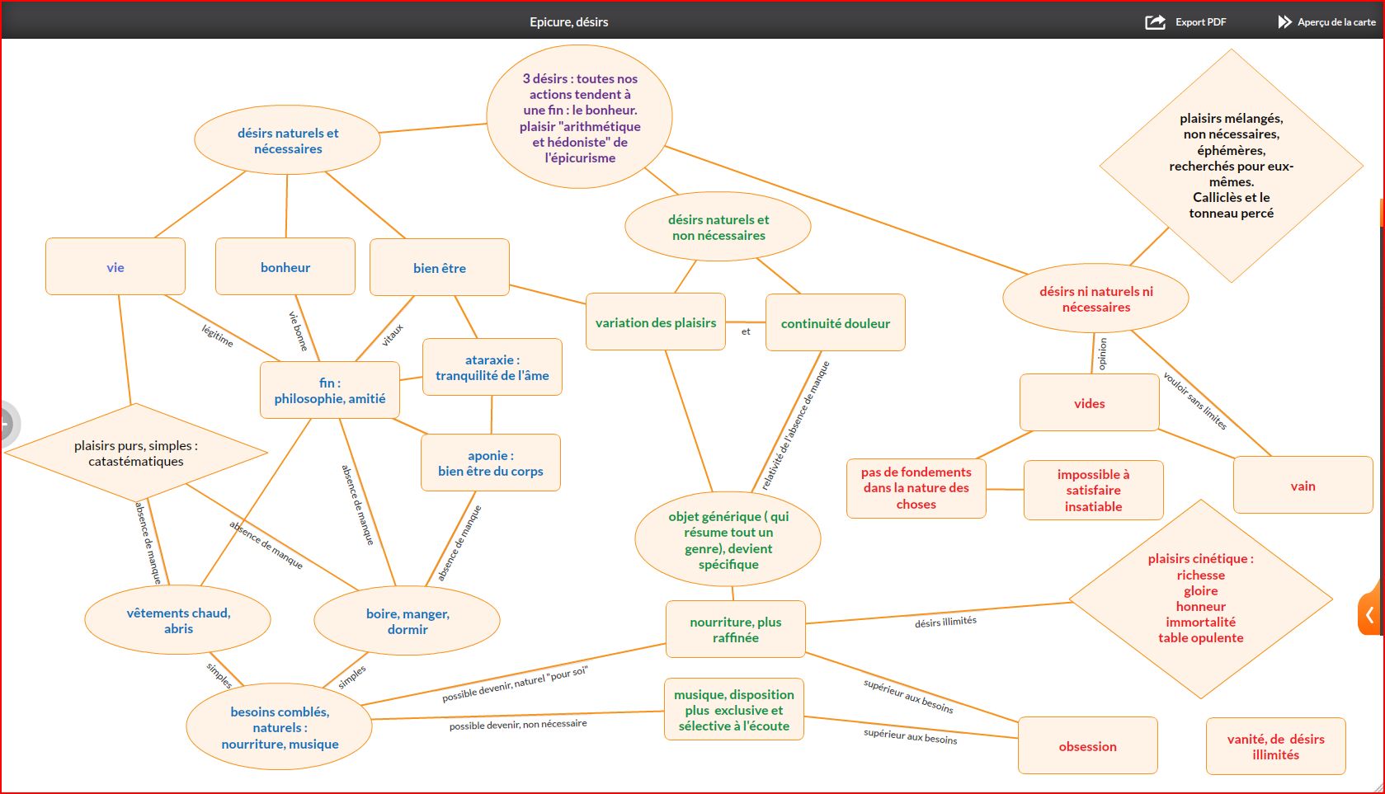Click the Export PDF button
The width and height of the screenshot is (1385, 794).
1186,22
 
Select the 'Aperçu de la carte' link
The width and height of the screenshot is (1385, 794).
1326,22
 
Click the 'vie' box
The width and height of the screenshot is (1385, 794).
115,267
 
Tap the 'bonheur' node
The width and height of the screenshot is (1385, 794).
285,267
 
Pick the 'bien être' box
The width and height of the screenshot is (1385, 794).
440,268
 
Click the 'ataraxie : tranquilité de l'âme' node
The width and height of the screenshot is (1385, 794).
492,368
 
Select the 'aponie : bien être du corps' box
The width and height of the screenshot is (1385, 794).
491,463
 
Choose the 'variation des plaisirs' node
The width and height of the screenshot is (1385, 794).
656,323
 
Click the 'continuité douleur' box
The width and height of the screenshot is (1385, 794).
836,323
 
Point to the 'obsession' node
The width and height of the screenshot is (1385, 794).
1088,746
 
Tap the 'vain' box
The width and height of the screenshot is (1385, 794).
1303,486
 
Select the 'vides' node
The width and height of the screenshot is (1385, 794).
1090,403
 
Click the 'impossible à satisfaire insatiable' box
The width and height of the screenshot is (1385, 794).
1094,491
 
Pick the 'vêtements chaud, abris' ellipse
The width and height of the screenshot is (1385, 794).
178,621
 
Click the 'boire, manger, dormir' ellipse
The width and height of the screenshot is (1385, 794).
407,622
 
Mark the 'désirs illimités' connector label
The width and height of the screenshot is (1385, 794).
945,622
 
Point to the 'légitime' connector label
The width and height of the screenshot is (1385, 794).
218,336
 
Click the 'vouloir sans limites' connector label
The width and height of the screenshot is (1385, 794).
1194,401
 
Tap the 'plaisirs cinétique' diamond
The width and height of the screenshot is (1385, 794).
1201,599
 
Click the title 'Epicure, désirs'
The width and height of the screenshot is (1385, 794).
569,22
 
